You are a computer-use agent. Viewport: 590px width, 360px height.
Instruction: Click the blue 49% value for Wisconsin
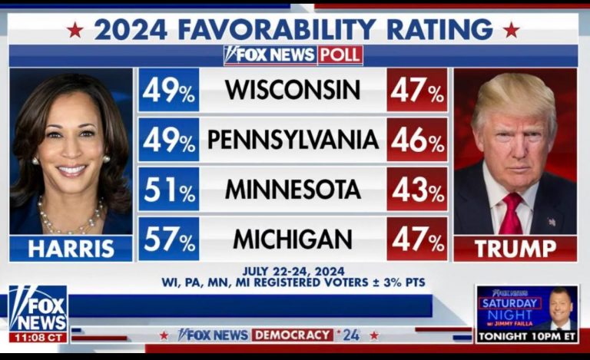coord(168,91)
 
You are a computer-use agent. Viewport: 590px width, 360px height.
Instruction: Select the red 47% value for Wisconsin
coord(416,91)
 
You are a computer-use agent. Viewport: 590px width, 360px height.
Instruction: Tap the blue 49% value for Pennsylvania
coord(168,140)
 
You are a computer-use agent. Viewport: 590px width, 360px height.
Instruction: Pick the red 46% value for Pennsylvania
coord(416,140)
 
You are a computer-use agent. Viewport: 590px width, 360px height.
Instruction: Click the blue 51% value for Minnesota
coord(168,190)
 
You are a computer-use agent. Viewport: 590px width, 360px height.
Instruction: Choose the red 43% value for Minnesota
coord(416,190)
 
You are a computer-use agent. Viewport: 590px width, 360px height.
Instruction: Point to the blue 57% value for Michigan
coord(168,239)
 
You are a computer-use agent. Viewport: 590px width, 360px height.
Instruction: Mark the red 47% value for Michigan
coord(416,239)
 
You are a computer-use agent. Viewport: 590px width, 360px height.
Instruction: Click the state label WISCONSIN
coord(292,91)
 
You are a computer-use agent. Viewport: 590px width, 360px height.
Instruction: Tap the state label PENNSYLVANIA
coord(293,140)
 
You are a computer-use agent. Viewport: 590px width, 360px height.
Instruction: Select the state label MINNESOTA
coord(292,190)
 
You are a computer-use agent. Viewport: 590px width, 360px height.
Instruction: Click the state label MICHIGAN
coord(292,239)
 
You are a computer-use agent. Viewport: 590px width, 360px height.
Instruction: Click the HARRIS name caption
coord(71,249)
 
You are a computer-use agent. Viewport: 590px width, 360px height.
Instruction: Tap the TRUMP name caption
coord(514,249)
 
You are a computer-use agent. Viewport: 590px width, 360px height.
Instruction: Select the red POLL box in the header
coord(340,55)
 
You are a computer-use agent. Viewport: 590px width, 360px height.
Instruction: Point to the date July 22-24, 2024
coord(293,271)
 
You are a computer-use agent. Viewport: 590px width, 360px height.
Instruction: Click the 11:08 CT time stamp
coord(38,337)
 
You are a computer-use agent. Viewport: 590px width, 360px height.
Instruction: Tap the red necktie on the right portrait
coord(511,215)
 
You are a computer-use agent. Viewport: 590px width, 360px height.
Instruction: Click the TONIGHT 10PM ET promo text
coord(525,336)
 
